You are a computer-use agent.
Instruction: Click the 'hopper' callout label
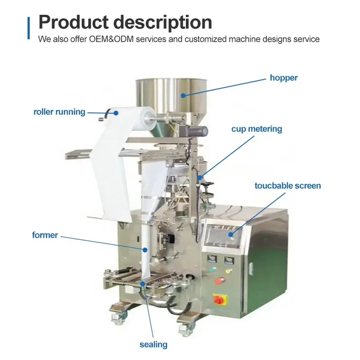click(283, 78)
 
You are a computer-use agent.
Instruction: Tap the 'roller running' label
click(59, 112)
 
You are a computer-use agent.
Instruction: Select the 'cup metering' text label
click(256, 129)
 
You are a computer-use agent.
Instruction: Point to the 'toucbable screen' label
click(288, 186)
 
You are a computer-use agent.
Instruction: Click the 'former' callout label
click(45, 235)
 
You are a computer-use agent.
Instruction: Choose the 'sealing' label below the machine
click(153, 345)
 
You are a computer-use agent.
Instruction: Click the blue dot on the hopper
click(183, 95)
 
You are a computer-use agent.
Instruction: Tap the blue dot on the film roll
click(116, 113)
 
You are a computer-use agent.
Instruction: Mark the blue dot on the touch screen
click(230, 234)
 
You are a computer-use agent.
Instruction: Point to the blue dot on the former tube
click(145, 250)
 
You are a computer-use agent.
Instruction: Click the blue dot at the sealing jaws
click(143, 284)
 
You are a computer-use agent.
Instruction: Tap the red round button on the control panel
click(220, 280)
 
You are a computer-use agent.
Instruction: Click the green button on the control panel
click(212, 269)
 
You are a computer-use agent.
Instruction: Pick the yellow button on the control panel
click(229, 271)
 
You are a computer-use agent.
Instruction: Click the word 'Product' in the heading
click(73, 22)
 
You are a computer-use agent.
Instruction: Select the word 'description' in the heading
click(162, 22)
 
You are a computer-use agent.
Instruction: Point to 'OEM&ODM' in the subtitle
click(111, 39)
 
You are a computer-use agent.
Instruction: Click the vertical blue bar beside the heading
click(28, 28)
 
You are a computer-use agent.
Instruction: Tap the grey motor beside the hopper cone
click(194, 131)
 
